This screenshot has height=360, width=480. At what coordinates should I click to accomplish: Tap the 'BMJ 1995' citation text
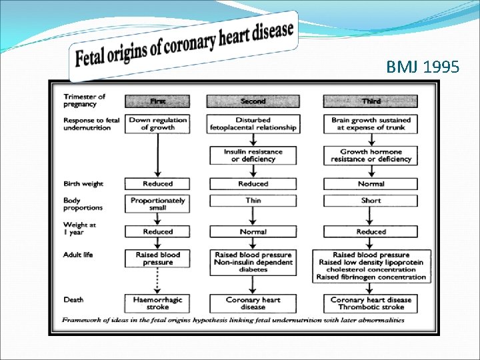click(422, 67)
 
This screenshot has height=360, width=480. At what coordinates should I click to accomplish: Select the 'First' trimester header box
click(158, 101)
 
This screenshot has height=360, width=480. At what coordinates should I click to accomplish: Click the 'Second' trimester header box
click(253, 101)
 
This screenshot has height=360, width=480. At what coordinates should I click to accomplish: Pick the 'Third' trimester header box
click(371, 101)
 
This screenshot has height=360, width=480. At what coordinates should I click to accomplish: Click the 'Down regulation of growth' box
click(158, 124)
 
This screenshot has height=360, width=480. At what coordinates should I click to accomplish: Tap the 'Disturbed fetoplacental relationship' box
click(253, 124)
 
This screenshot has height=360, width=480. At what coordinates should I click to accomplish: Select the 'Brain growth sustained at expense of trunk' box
click(371, 124)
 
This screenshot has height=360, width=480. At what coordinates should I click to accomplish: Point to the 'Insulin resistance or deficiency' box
click(253, 155)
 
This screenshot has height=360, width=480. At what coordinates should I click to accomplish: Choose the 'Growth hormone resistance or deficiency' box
click(371, 155)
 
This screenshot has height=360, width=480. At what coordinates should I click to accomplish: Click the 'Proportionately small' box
click(158, 204)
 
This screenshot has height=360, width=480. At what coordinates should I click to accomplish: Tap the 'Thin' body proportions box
click(253, 200)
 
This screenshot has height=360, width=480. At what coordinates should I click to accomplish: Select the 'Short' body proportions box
click(371, 200)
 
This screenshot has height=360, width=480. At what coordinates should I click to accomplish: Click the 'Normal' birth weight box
click(371, 183)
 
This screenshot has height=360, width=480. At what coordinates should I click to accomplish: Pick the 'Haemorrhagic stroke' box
click(158, 303)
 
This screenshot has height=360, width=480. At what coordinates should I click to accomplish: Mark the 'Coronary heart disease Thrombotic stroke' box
click(371, 303)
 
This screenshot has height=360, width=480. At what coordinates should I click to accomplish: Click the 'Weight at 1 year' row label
click(79, 228)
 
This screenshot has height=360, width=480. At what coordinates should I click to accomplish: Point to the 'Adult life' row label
click(79, 255)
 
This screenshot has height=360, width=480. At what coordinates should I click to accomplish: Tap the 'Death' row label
click(73, 299)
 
